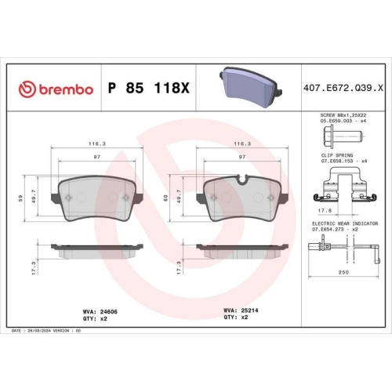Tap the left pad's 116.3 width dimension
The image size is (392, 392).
pyautogui.click(x=97, y=144)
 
